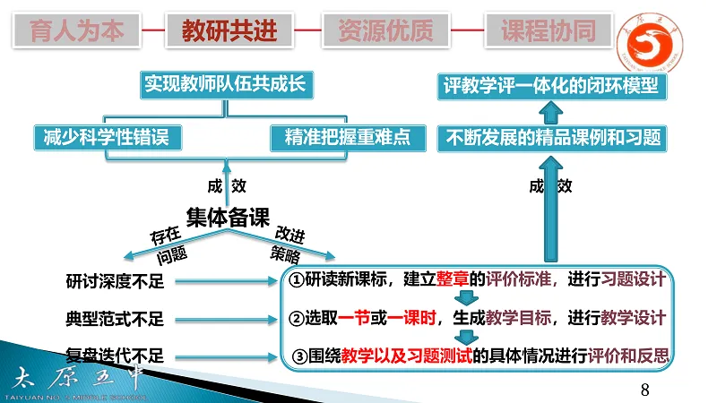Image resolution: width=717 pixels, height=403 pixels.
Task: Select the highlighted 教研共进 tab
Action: point(229,31)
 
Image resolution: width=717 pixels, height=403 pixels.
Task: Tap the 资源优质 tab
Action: point(385,31)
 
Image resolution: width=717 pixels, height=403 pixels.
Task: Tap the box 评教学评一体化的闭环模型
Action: point(551,86)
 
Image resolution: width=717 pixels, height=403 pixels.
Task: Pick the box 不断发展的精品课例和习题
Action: point(553,137)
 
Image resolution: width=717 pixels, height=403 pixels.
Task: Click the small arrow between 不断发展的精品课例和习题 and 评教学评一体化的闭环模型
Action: point(553,112)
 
